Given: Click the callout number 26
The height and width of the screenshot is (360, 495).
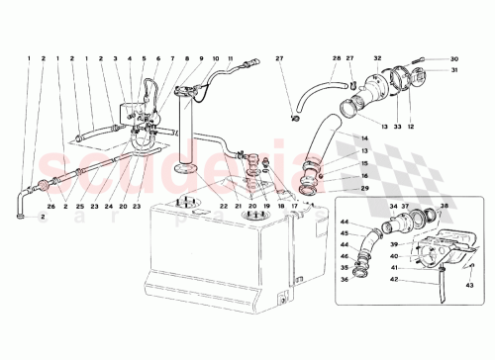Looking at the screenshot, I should [x=49, y=206].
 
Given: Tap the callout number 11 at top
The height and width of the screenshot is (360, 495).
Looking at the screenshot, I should [x=230, y=60].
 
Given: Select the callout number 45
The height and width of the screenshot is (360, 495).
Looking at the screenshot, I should [x=346, y=234].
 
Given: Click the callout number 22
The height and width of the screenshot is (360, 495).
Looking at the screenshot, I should [x=225, y=206].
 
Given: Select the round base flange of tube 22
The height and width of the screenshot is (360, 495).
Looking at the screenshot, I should [x=181, y=169].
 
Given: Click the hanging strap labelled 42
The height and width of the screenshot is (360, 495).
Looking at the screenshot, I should [x=441, y=288].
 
